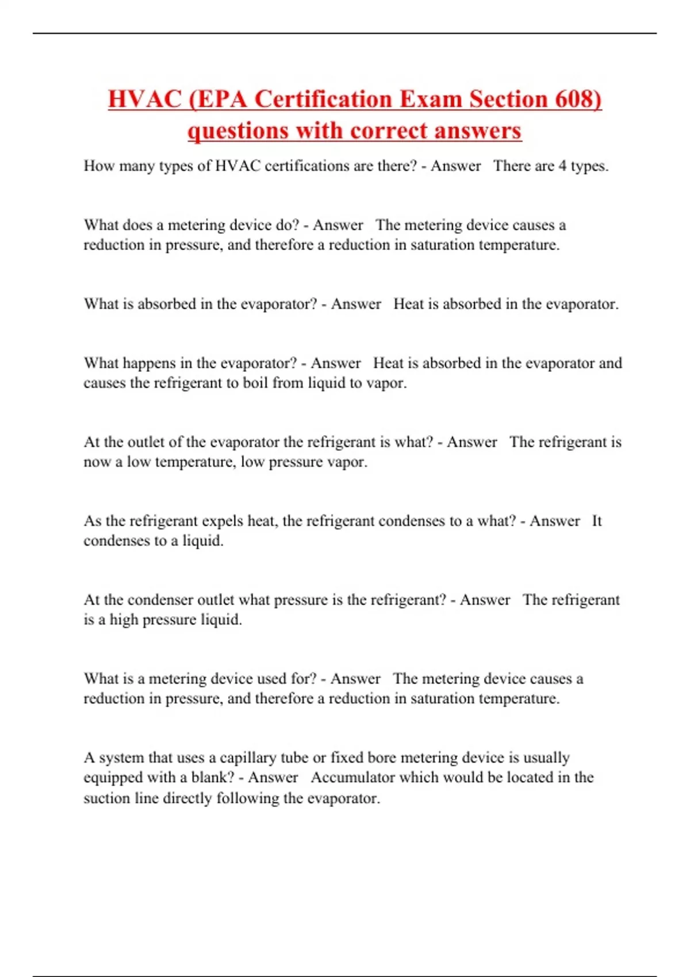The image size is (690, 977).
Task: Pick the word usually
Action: click(545, 757)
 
